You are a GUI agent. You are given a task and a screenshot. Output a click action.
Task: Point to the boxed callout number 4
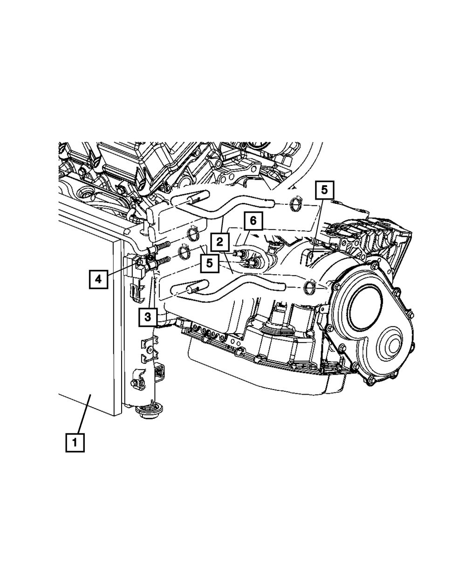point(98,279)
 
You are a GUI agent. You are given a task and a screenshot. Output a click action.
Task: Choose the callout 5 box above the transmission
point(324,190)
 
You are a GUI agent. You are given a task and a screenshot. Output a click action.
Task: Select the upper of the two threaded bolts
point(159,247)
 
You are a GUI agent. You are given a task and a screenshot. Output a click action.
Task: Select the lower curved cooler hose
point(233,284)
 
